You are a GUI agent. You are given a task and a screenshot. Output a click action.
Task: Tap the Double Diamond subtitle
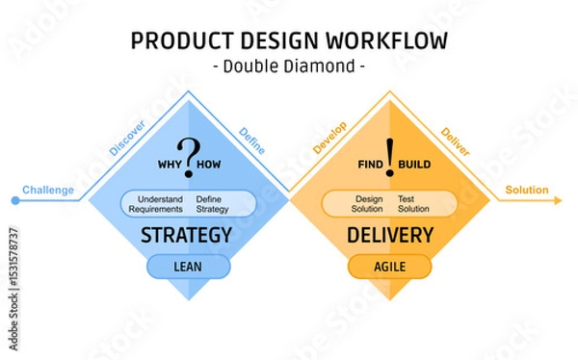click(x=288, y=66)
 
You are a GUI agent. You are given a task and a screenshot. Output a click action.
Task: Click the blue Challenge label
click(x=47, y=190)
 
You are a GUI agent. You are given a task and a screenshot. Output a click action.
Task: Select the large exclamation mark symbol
click(x=390, y=154)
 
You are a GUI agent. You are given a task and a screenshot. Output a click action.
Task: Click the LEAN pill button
click(x=189, y=267)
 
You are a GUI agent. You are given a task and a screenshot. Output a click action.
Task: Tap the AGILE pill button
click(x=390, y=267)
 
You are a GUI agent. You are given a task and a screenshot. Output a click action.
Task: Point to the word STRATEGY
click(x=187, y=235)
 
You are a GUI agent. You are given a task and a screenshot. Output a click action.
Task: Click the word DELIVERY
click(x=389, y=235)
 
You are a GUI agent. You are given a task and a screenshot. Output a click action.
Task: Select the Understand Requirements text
click(x=155, y=203)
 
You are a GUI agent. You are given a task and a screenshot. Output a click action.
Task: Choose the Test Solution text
click(x=413, y=203)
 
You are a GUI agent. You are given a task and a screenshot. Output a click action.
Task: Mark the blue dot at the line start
click(x=14, y=201)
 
